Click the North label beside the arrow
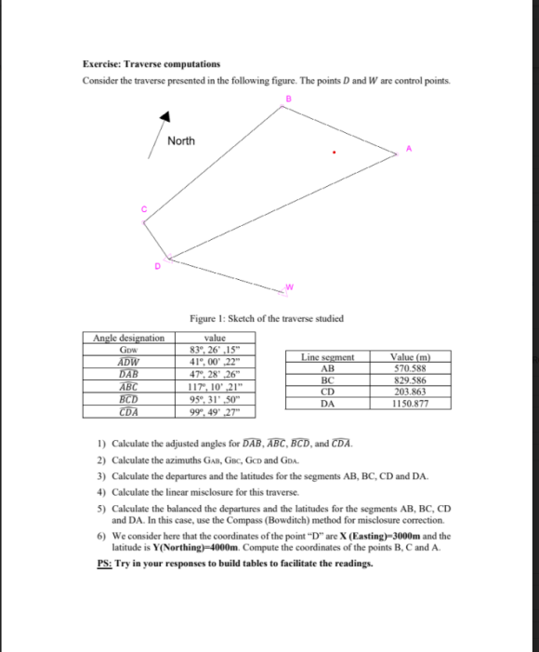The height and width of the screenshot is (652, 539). click(x=181, y=141)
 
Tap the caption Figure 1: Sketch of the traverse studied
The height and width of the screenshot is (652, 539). click(x=266, y=318)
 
